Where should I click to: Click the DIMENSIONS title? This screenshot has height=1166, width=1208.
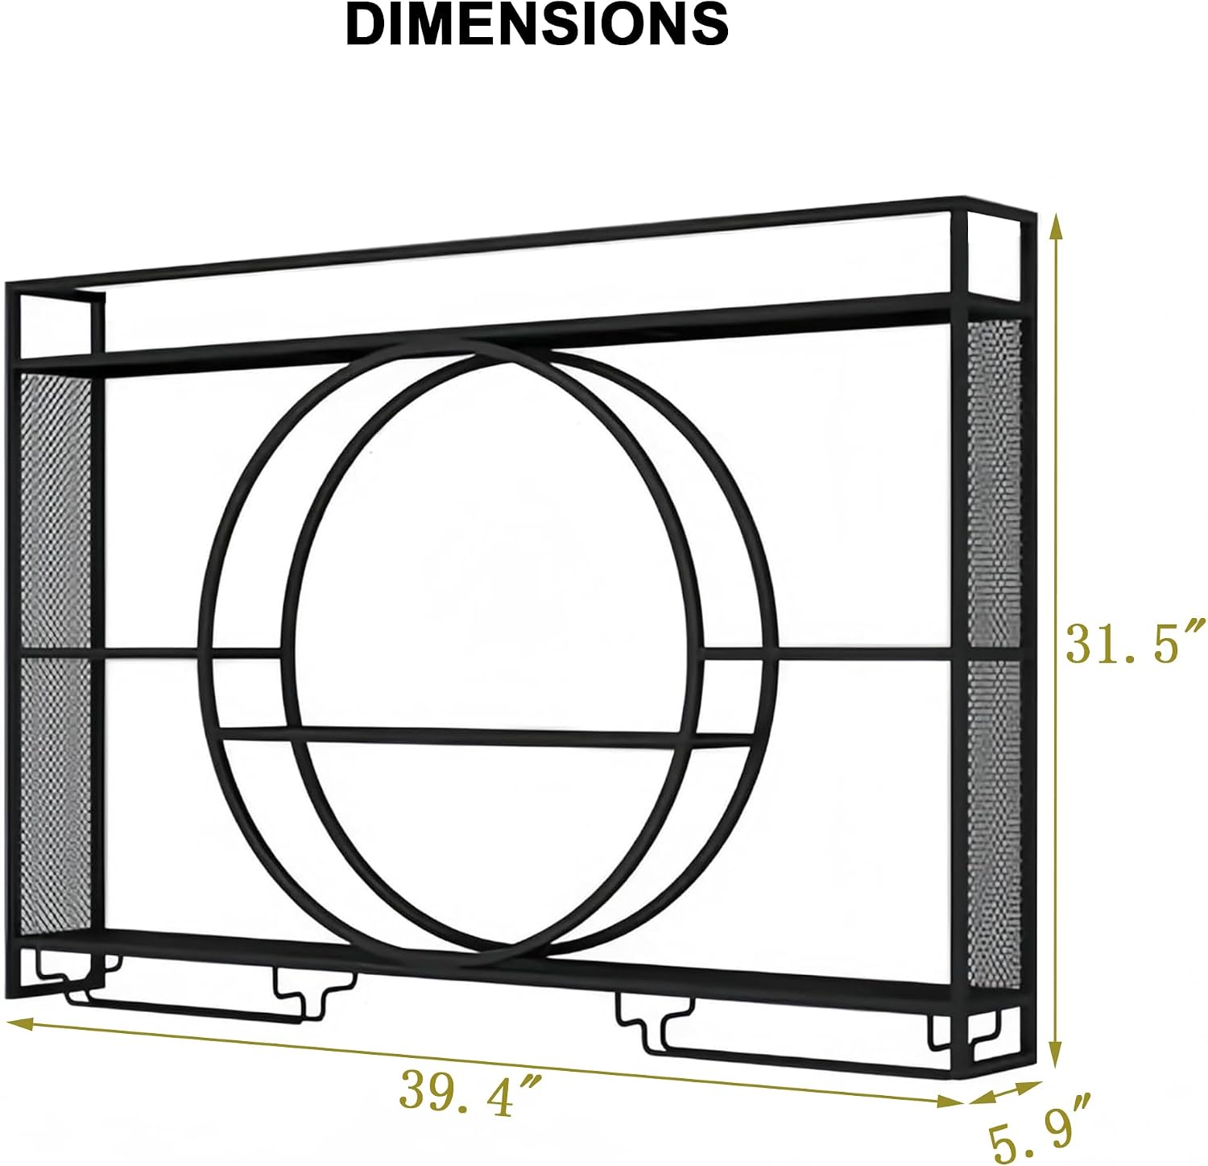click(x=537, y=24)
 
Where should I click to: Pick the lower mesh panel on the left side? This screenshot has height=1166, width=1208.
click(x=55, y=794)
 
